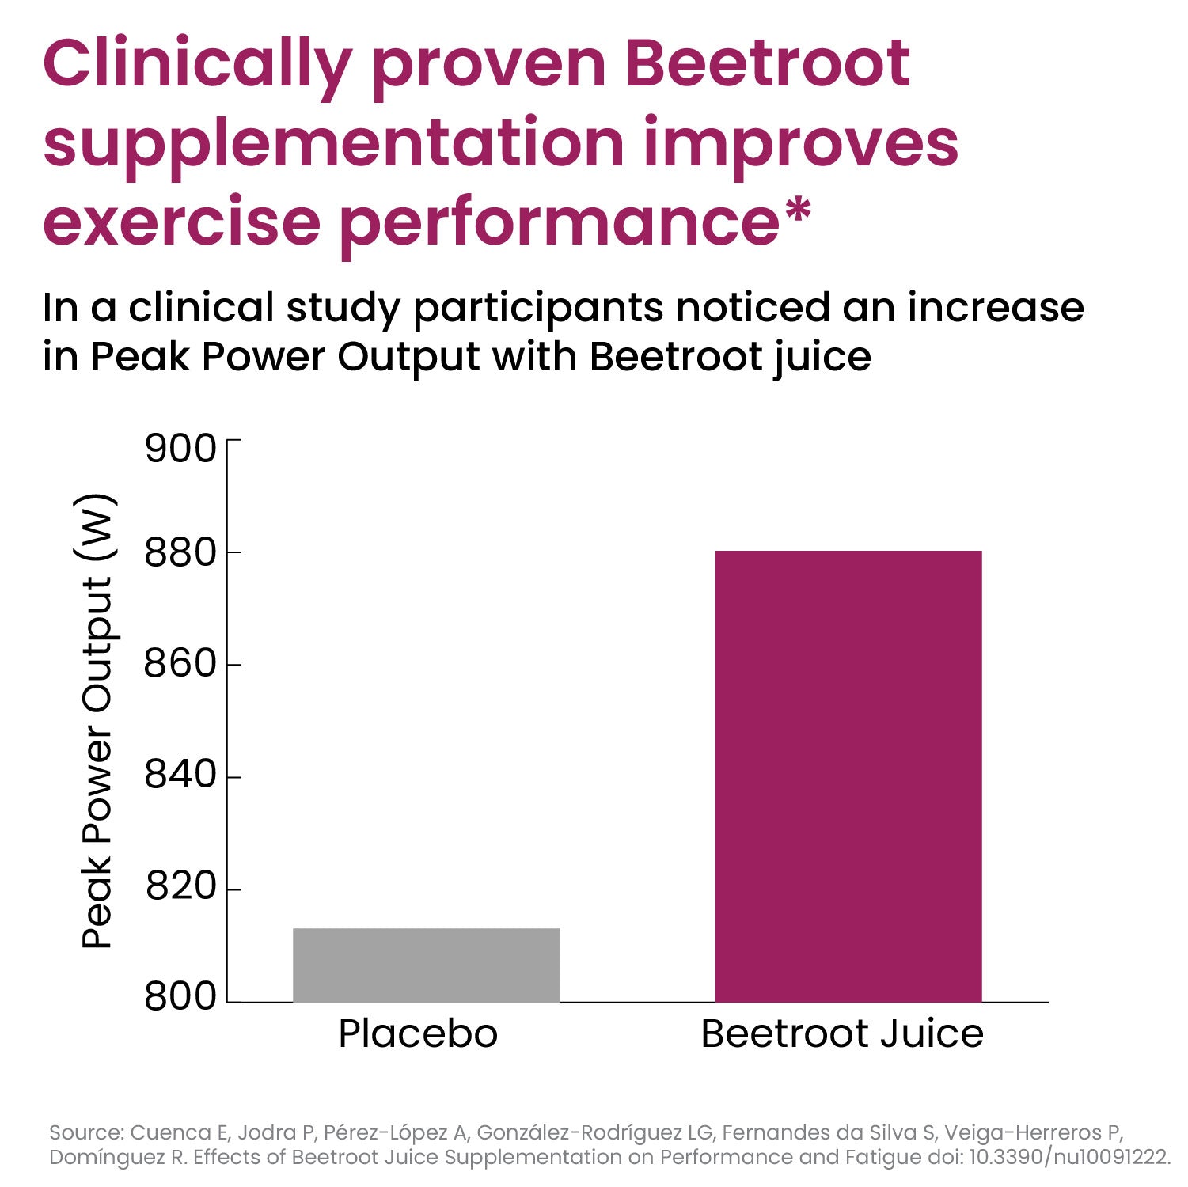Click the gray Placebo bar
(x=426, y=965)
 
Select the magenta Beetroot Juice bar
(x=848, y=776)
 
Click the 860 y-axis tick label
(x=180, y=663)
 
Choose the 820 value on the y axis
(x=180, y=886)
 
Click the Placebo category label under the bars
(x=418, y=1033)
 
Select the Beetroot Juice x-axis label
(x=842, y=1033)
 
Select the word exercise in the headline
(x=181, y=222)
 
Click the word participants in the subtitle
(x=538, y=308)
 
